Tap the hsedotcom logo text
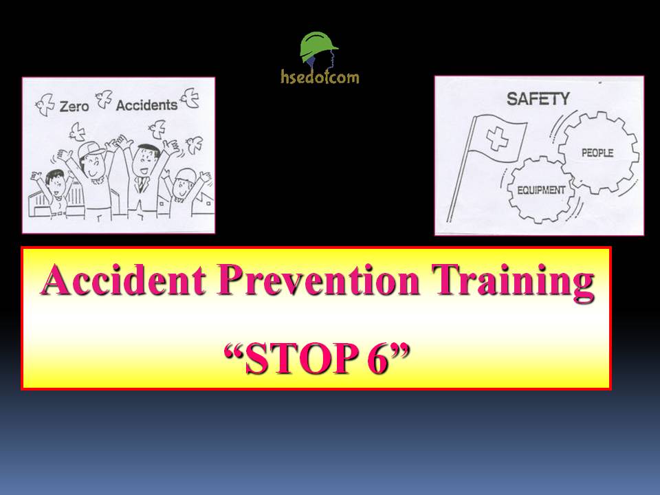[320, 76]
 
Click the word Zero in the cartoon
[75, 107]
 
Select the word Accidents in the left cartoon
[146, 105]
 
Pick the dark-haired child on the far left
[52, 185]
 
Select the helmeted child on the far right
[182, 185]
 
